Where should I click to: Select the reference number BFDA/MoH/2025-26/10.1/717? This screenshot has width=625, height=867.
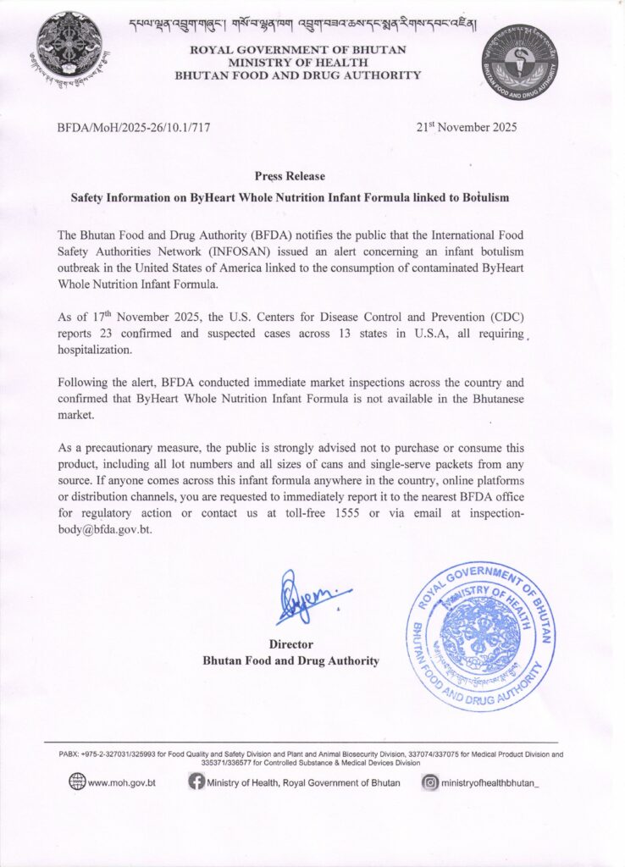[x=133, y=128]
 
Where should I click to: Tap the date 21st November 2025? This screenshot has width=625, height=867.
[x=466, y=128]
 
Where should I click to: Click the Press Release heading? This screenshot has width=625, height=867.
[x=290, y=176]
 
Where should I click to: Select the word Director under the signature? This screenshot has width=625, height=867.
[x=290, y=644]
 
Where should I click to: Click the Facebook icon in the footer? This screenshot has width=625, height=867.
[x=196, y=782]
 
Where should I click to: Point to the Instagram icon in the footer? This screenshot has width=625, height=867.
[x=430, y=782]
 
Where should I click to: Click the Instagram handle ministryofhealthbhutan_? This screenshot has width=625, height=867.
[x=489, y=782]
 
